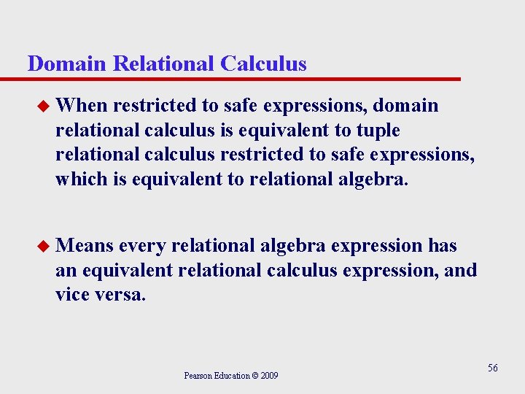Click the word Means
point(84,246)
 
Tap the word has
point(443,246)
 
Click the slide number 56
point(493,368)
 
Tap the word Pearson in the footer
point(198,376)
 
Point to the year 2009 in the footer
point(270,376)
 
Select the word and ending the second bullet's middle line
point(460,270)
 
